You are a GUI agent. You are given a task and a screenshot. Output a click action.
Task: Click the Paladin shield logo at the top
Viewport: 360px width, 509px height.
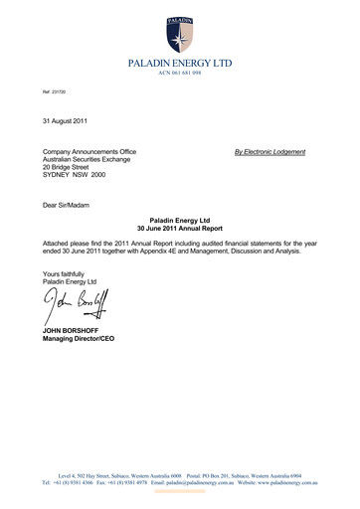(x=180, y=34)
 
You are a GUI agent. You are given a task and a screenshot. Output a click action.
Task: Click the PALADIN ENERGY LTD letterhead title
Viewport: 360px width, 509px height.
(x=180, y=63)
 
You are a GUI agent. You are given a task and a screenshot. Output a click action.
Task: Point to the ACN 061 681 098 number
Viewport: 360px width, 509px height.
(x=180, y=74)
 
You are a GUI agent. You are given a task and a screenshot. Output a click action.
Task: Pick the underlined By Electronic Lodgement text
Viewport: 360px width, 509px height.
(x=270, y=151)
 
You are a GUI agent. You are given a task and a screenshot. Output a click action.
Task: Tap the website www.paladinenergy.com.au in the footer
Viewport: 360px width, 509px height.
(x=283, y=481)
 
